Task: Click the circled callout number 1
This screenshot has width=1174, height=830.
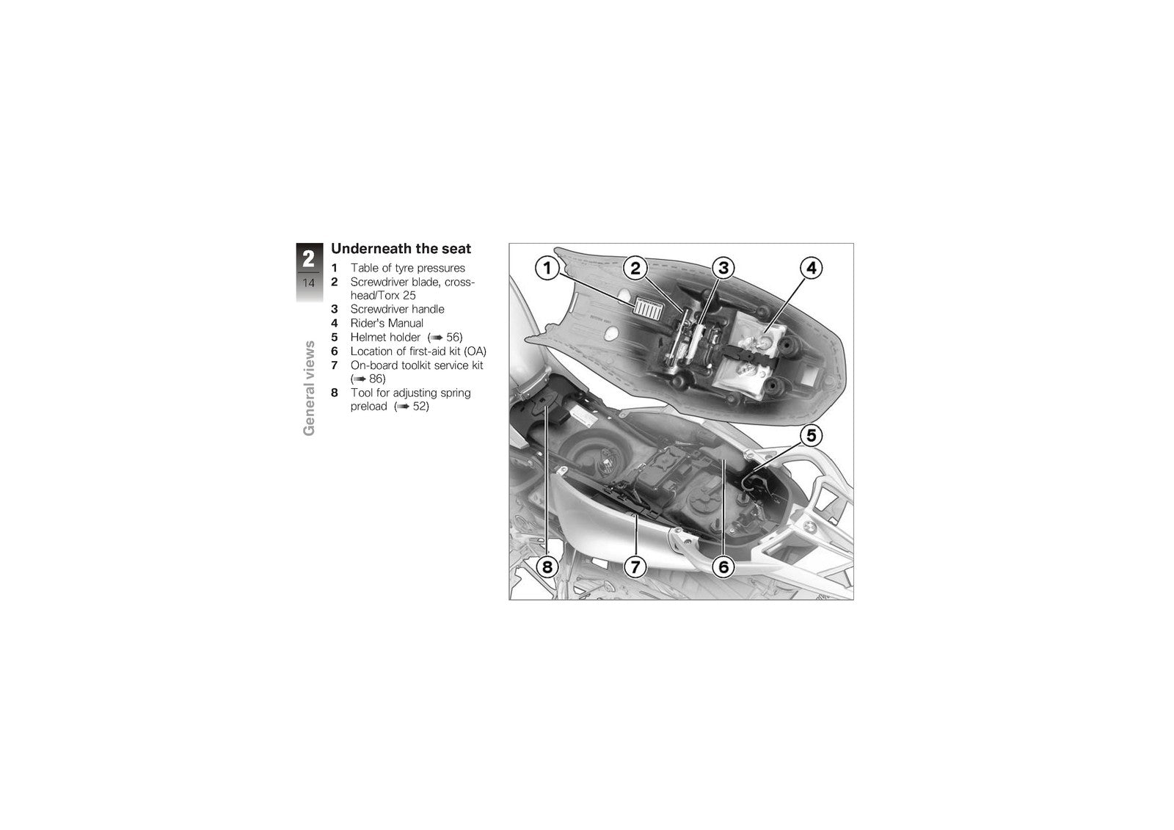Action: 547,269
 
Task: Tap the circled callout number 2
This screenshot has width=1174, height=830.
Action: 635,269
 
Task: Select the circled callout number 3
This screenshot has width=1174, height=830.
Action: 723,269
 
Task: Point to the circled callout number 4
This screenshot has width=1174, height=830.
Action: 812,269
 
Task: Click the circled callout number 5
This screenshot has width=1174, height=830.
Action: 811,435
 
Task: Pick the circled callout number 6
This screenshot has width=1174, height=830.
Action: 723,567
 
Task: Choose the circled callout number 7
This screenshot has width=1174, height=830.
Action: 635,567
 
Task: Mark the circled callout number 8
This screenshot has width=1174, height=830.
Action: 547,567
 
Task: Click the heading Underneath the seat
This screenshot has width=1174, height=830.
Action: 401,249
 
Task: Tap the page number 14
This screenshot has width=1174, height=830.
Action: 309,283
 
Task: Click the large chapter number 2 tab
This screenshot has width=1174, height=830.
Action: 309,258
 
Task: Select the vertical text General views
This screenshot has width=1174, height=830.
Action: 309,388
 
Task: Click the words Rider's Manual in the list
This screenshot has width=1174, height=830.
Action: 387,323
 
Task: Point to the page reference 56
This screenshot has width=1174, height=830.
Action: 454,337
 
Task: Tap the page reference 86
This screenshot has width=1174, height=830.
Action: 377,379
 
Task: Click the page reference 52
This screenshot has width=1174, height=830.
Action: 420,407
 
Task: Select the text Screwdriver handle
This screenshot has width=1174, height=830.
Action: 397,310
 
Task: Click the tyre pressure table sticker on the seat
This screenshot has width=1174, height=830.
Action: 649,307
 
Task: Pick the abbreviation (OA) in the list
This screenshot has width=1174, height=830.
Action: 475,352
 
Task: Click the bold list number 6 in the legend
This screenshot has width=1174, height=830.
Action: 335,352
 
